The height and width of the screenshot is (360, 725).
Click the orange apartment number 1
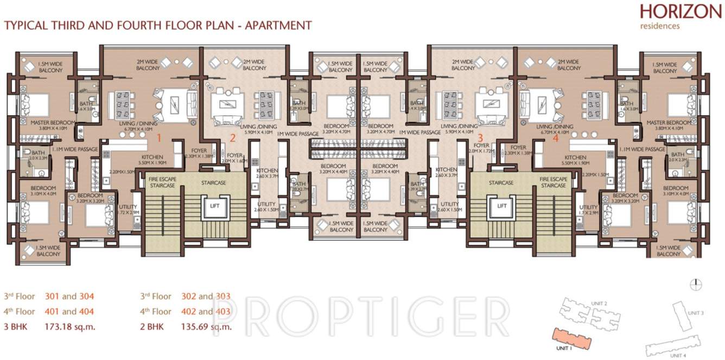pyautogui.click(x=159, y=137)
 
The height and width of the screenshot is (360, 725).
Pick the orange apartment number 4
pyautogui.click(x=555, y=137)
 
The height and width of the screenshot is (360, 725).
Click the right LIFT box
pyautogui.click(x=502, y=206)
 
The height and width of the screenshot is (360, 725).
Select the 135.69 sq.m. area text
pyautogui.click(x=206, y=327)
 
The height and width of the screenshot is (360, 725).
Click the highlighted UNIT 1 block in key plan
pyautogui.click(x=573, y=337)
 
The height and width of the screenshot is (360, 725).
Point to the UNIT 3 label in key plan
pyautogui.click(x=695, y=313)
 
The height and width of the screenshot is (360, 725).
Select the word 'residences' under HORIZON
pyautogui.click(x=659, y=26)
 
